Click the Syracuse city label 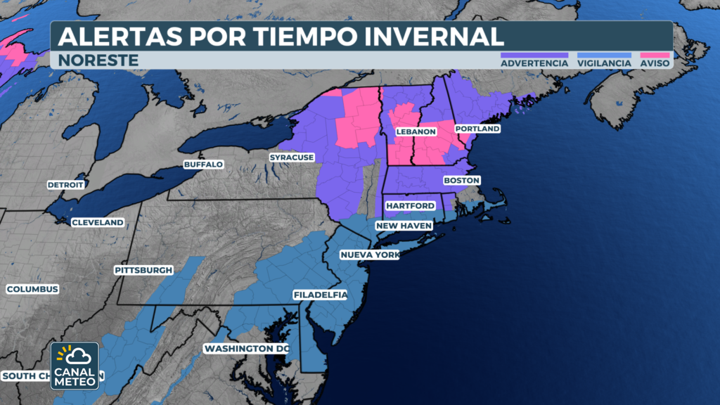click(291, 157)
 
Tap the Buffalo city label click(203, 164)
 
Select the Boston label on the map click(461, 181)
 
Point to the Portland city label click(477, 129)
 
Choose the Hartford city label click(410, 205)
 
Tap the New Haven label click(404, 226)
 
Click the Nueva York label click(369, 255)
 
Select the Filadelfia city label click(321, 295)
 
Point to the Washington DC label click(246, 349)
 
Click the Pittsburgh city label click(143, 269)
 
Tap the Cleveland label click(98, 222)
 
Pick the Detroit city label click(65, 185)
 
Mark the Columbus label click(32, 289)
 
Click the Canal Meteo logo click(75, 366)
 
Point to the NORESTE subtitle click(98, 60)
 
